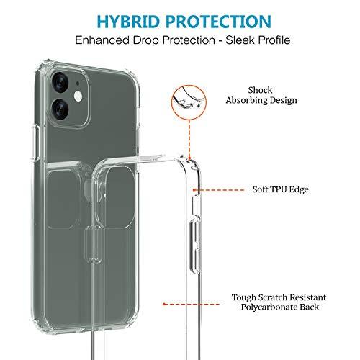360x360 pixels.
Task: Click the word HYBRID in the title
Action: (x=128, y=22)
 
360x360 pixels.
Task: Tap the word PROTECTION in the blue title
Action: (x=219, y=22)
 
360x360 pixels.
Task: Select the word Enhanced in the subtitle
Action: (x=102, y=40)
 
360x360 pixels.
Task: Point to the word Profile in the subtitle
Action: (x=273, y=40)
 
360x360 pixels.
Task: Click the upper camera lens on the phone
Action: (x=60, y=81)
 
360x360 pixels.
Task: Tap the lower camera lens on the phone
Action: (x=60, y=109)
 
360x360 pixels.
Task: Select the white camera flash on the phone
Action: (x=78, y=96)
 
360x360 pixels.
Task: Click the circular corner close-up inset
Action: (x=189, y=102)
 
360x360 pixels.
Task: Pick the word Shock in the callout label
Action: (x=260, y=90)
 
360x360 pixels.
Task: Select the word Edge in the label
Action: (x=299, y=189)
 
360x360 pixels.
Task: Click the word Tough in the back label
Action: (x=243, y=297)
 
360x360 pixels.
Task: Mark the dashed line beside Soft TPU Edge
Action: (x=219, y=190)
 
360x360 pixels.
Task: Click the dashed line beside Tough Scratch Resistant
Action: (x=191, y=304)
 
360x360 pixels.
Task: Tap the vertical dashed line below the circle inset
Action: (x=189, y=139)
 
